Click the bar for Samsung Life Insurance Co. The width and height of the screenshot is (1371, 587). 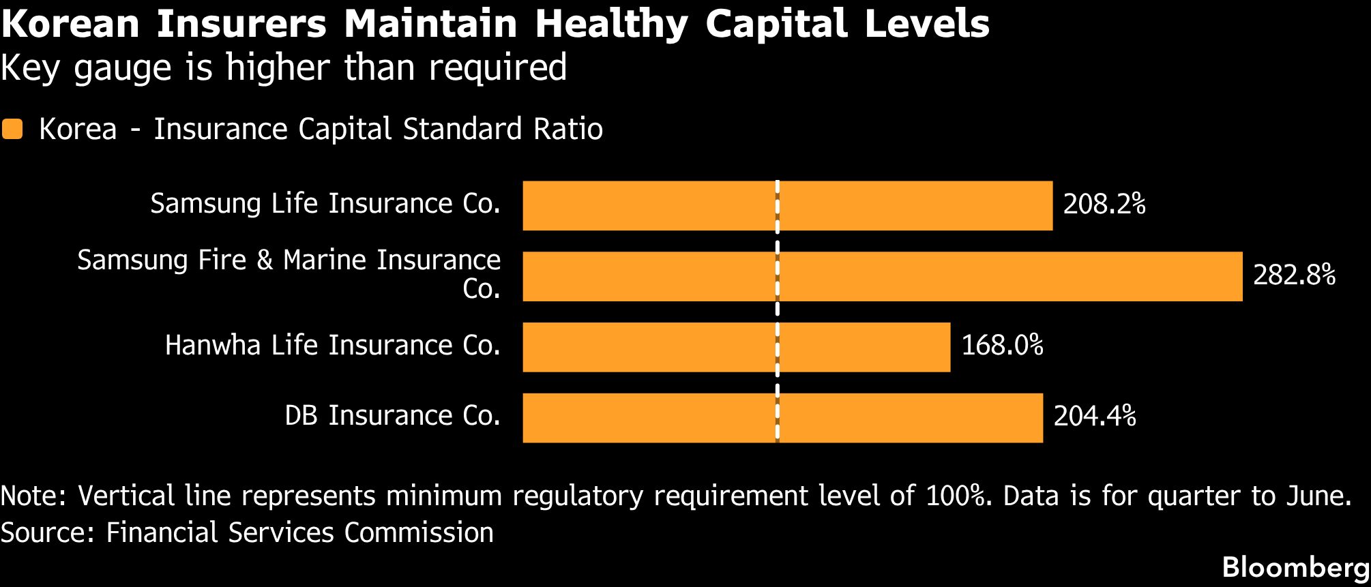tap(788, 205)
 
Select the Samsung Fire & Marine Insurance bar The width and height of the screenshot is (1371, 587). tap(883, 276)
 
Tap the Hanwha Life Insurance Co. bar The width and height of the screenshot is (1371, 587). tap(737, 347)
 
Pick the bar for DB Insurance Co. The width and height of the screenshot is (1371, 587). tap(783, 418)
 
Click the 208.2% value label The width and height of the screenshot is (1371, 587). tap(1104, 204)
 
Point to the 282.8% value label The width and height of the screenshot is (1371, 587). tap(1294, 275)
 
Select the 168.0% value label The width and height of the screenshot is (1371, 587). tap(1002, 346)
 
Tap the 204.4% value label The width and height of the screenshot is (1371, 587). tap(1095, 416)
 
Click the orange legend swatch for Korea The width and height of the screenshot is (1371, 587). tap(12, 130)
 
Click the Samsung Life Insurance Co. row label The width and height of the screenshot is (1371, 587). tap(325, 204)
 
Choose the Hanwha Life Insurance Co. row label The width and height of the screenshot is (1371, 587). tap(333, 346)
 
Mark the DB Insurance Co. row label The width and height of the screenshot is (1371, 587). tap(393, 416)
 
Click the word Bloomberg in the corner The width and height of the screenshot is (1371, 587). tap(1296, 568)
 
